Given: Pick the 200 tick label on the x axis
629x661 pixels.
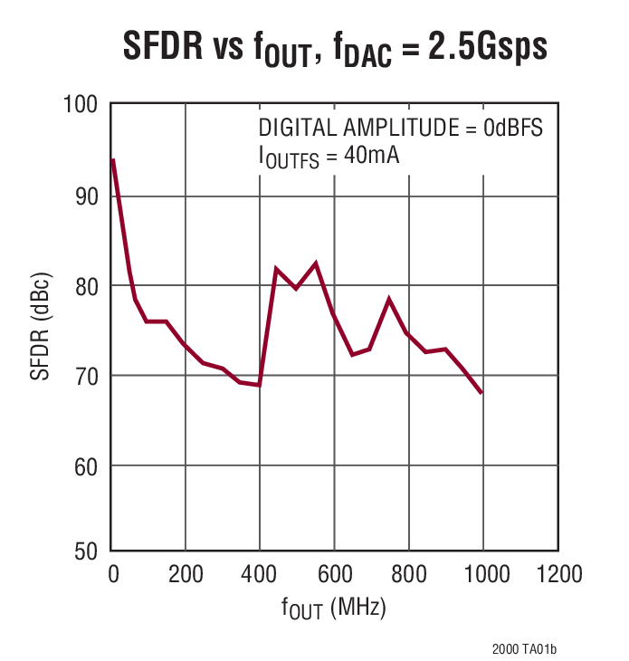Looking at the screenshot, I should tap(185, 574).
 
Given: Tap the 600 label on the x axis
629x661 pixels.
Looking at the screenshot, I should tap(333, 574).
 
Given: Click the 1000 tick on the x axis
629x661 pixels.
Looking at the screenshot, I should tap(481, 574).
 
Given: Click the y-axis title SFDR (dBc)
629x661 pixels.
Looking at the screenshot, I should tap(42, 330).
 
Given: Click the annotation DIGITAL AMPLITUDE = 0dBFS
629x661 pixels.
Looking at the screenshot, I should tap(400, 128).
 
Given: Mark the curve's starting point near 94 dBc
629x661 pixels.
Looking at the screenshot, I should tap(112, 160).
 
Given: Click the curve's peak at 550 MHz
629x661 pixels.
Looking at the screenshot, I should tap(315, 263).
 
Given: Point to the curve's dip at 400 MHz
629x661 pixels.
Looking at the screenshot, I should tap(260, 385).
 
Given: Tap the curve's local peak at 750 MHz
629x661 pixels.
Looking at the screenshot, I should tap(389, 299).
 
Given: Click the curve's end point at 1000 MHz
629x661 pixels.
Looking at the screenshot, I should tap(481, 393).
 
